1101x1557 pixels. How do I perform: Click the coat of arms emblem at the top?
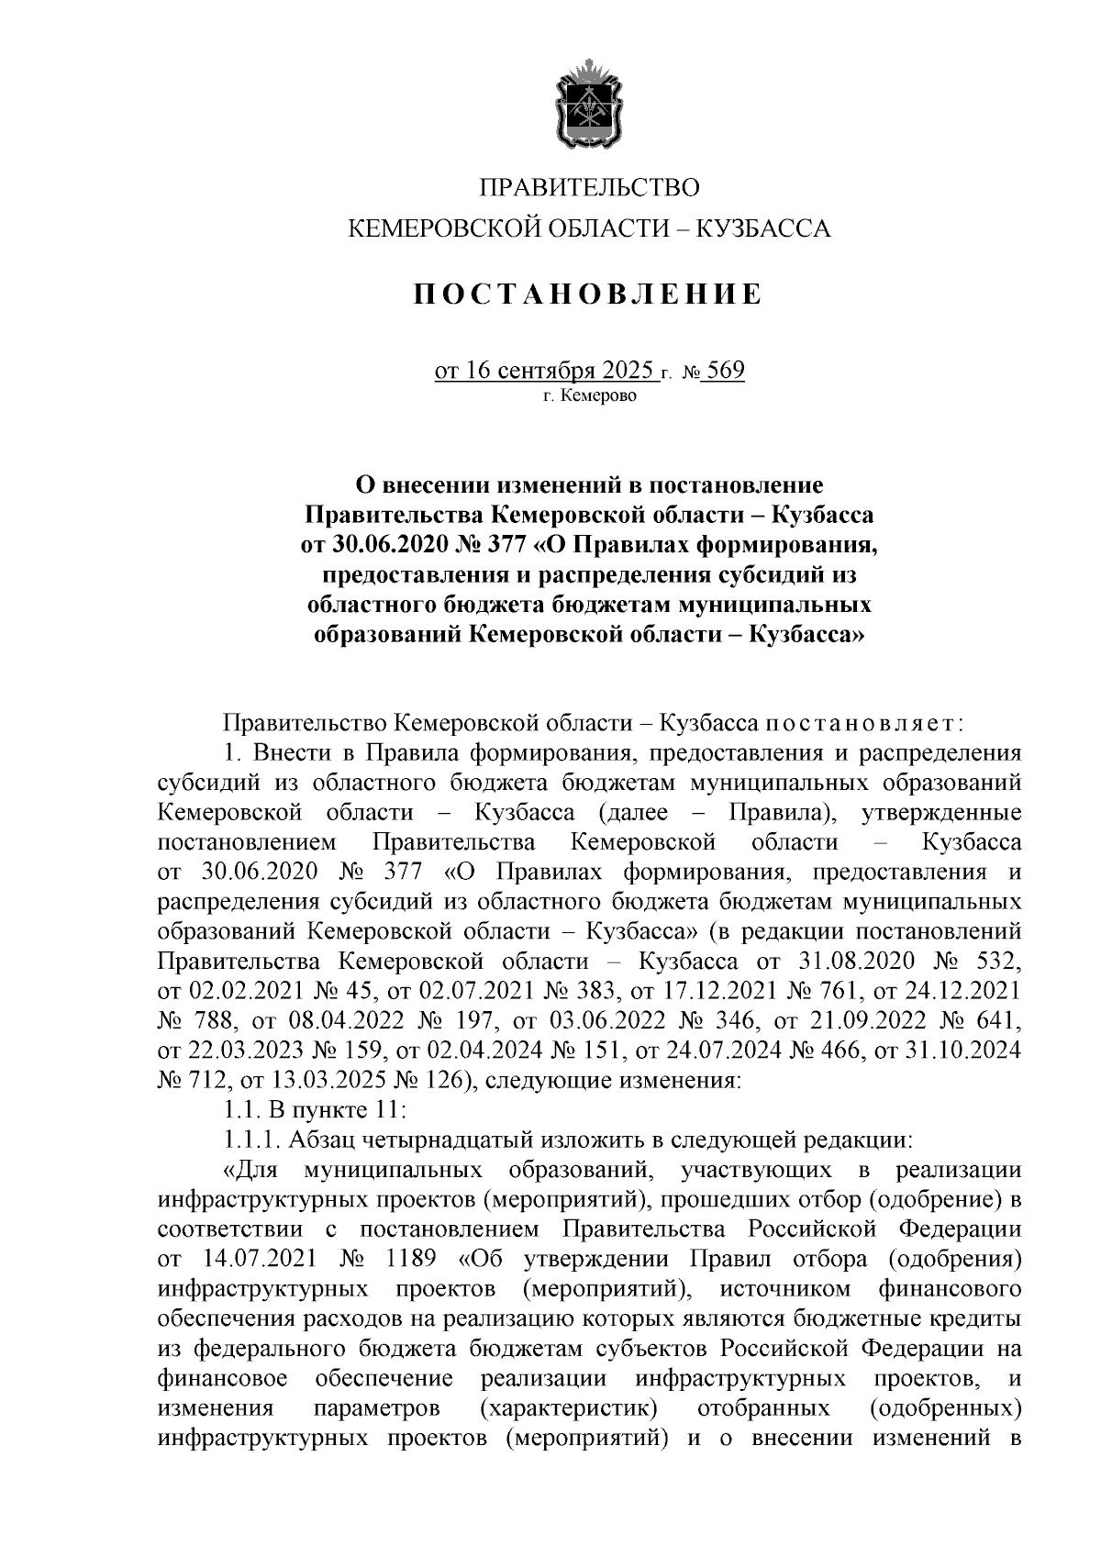(x=588, y=104)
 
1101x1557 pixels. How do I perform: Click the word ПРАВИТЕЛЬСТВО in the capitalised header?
(x=588, y=188)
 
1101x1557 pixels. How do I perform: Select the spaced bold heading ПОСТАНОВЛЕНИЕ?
(x=588, y=295)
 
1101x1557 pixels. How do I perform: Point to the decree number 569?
(x=726, y=370)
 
